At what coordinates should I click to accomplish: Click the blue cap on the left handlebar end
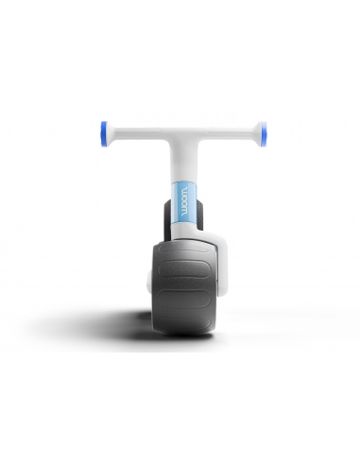(x=103, y=134)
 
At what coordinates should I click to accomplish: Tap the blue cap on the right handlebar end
(x=265, y=134)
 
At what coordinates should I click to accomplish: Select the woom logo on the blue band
(x=184, y=201)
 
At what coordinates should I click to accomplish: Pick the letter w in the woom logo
(x=184, y=190)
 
